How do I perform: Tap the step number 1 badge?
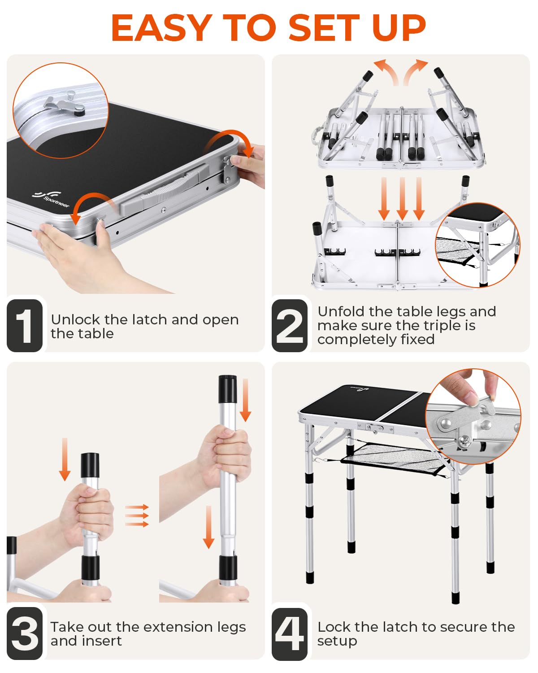(25, 326)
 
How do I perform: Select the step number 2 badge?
(290, 326)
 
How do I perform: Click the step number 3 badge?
(25, 633)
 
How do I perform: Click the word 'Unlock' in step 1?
(76, 319)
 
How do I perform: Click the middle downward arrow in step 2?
(402, 199)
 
